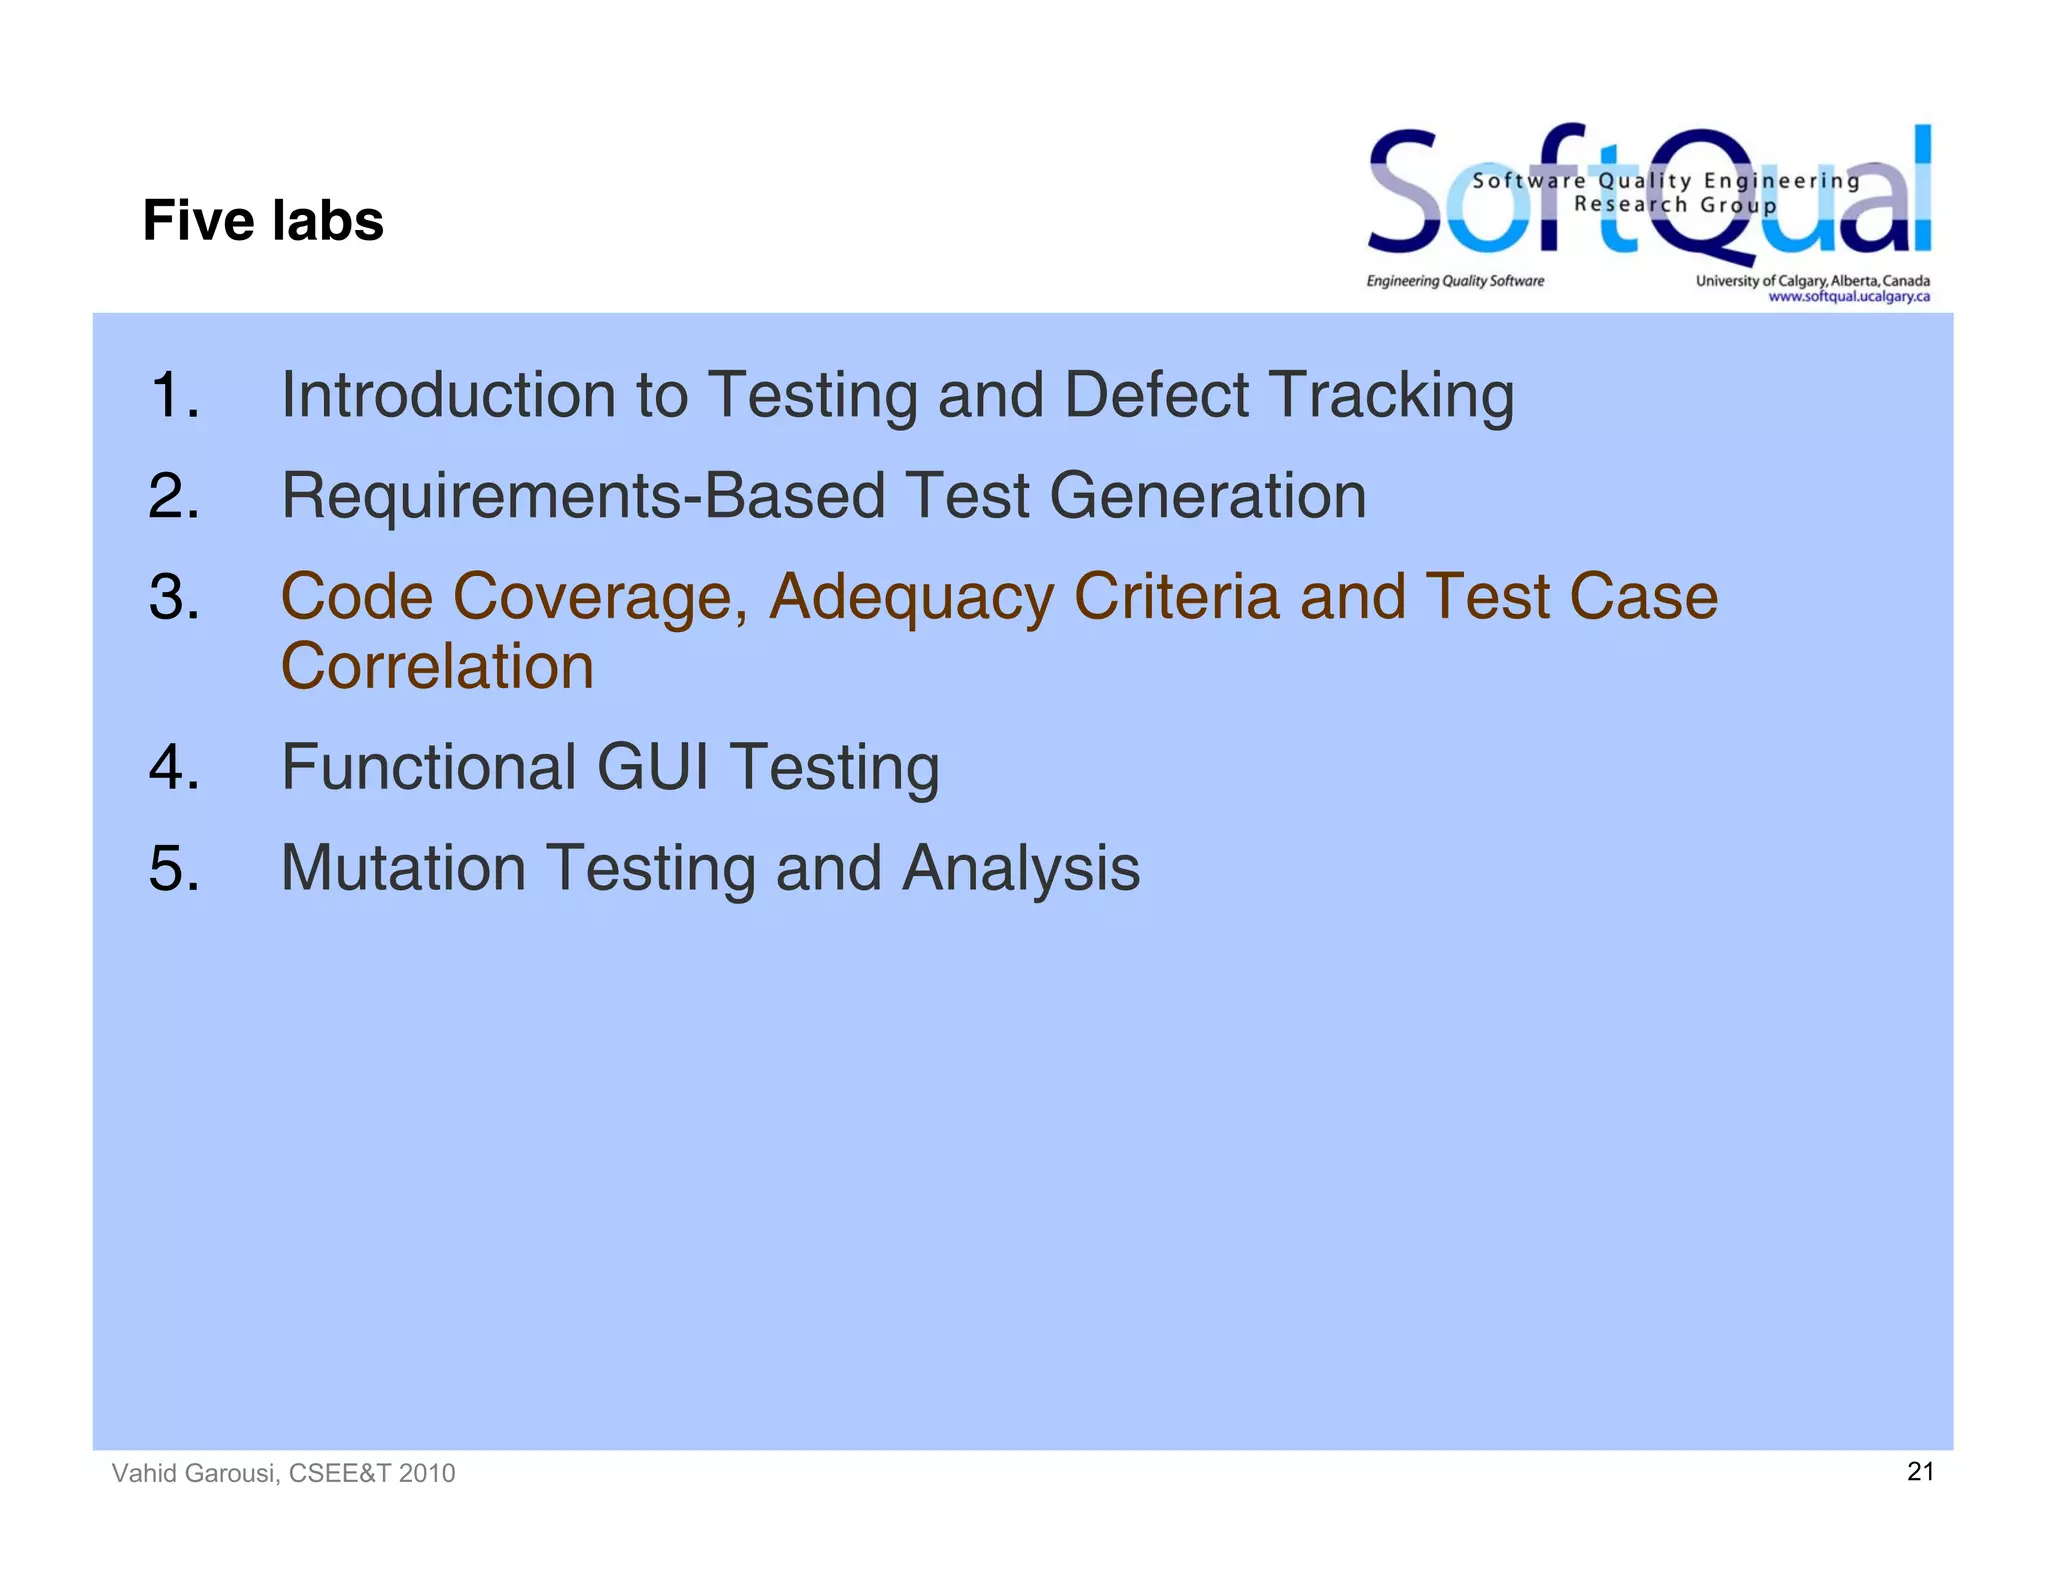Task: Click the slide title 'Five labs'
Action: tap(263, 220)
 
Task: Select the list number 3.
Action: tap(174, 597)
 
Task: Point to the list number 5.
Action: tap(174, 867)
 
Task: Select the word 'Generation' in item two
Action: tap(1207, 496)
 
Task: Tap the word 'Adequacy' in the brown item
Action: tap(910, 597)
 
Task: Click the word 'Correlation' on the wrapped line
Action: tap(437, 667)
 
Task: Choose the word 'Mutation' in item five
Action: tap(403, 867)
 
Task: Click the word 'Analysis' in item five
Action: tap(1020, 867)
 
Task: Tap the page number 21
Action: tap(1920, 1471)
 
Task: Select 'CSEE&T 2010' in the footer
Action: tap(371, 1473)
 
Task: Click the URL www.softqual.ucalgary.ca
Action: tap(1848, 297)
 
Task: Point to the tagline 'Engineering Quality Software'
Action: tap(1455, 281)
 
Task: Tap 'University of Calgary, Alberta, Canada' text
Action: tap(1812, 281)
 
